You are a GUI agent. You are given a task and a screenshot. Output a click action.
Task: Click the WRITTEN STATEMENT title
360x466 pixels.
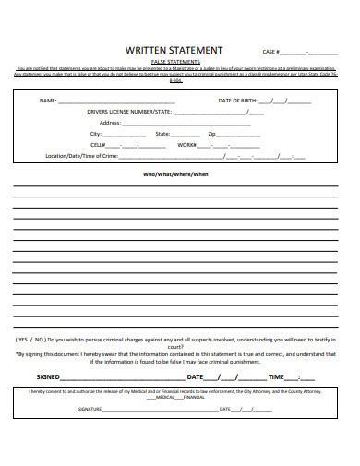coord(178,50)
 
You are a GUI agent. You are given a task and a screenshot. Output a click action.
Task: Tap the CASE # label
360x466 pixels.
coord(270,52)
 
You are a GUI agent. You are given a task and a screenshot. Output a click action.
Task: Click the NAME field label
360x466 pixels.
coord(47,100)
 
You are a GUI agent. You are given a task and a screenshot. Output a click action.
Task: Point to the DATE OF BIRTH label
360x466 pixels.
coord(237,100)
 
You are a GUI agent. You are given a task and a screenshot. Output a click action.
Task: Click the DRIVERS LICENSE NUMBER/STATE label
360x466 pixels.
coord(130,111)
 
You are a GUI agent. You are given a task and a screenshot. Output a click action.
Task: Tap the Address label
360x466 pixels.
coord(110,122)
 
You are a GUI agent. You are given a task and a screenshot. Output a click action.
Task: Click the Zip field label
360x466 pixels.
coord(211,133)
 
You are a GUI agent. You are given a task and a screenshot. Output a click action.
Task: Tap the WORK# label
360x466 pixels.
coord(187,144)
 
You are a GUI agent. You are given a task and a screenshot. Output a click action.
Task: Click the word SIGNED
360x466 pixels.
coord(49,377)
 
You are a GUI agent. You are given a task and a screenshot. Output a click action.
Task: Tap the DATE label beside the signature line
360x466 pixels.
coord(195,377)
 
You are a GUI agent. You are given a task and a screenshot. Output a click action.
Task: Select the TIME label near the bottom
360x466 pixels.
coord(276,377)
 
